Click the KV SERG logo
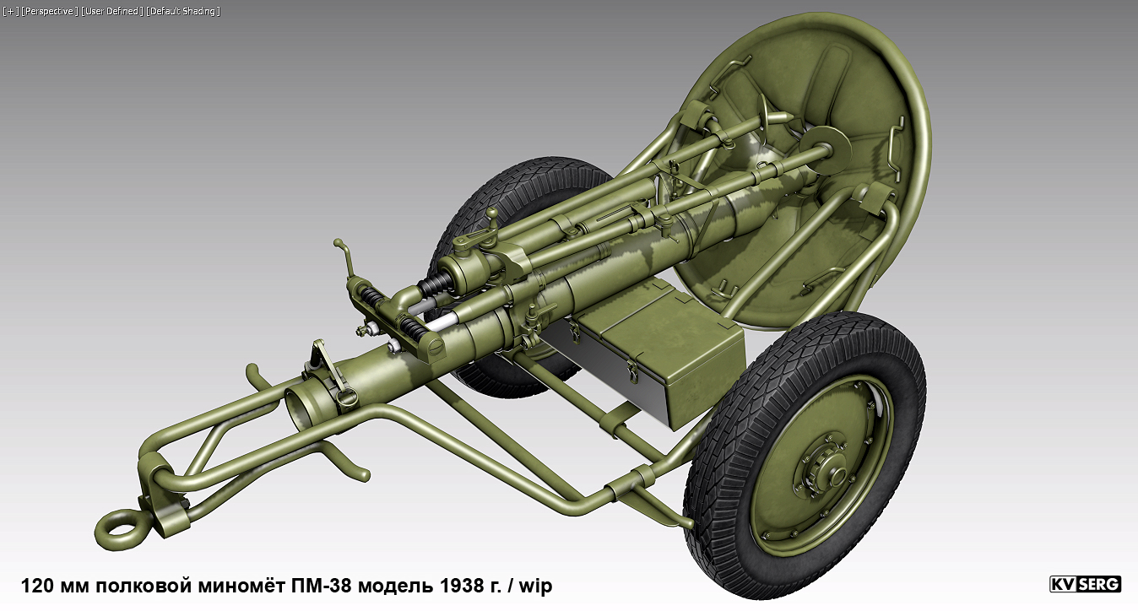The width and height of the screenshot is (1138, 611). click(1085, 584)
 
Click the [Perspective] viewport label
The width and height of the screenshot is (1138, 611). click(50, 11)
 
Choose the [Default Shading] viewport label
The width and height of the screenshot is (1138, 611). click(183, 11)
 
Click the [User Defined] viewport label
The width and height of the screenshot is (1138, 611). click(112, 11)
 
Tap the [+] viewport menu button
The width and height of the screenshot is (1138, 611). click(10, 11)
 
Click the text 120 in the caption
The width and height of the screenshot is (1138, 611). click(35, 586)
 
